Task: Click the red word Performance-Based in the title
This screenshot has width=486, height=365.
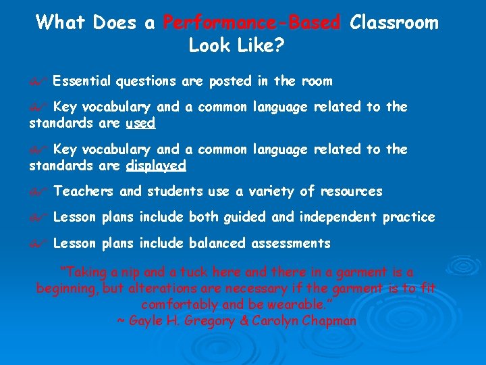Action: point(252,23)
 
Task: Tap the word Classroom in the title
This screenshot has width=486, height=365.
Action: point(394,23)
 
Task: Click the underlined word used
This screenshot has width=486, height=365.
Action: point(140,123)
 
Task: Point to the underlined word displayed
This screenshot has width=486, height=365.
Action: point(156,166)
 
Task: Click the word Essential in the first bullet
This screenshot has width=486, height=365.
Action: point(82,82)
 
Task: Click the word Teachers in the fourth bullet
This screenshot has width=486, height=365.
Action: point(84,192)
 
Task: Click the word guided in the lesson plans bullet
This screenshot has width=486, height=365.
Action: point(241,217)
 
